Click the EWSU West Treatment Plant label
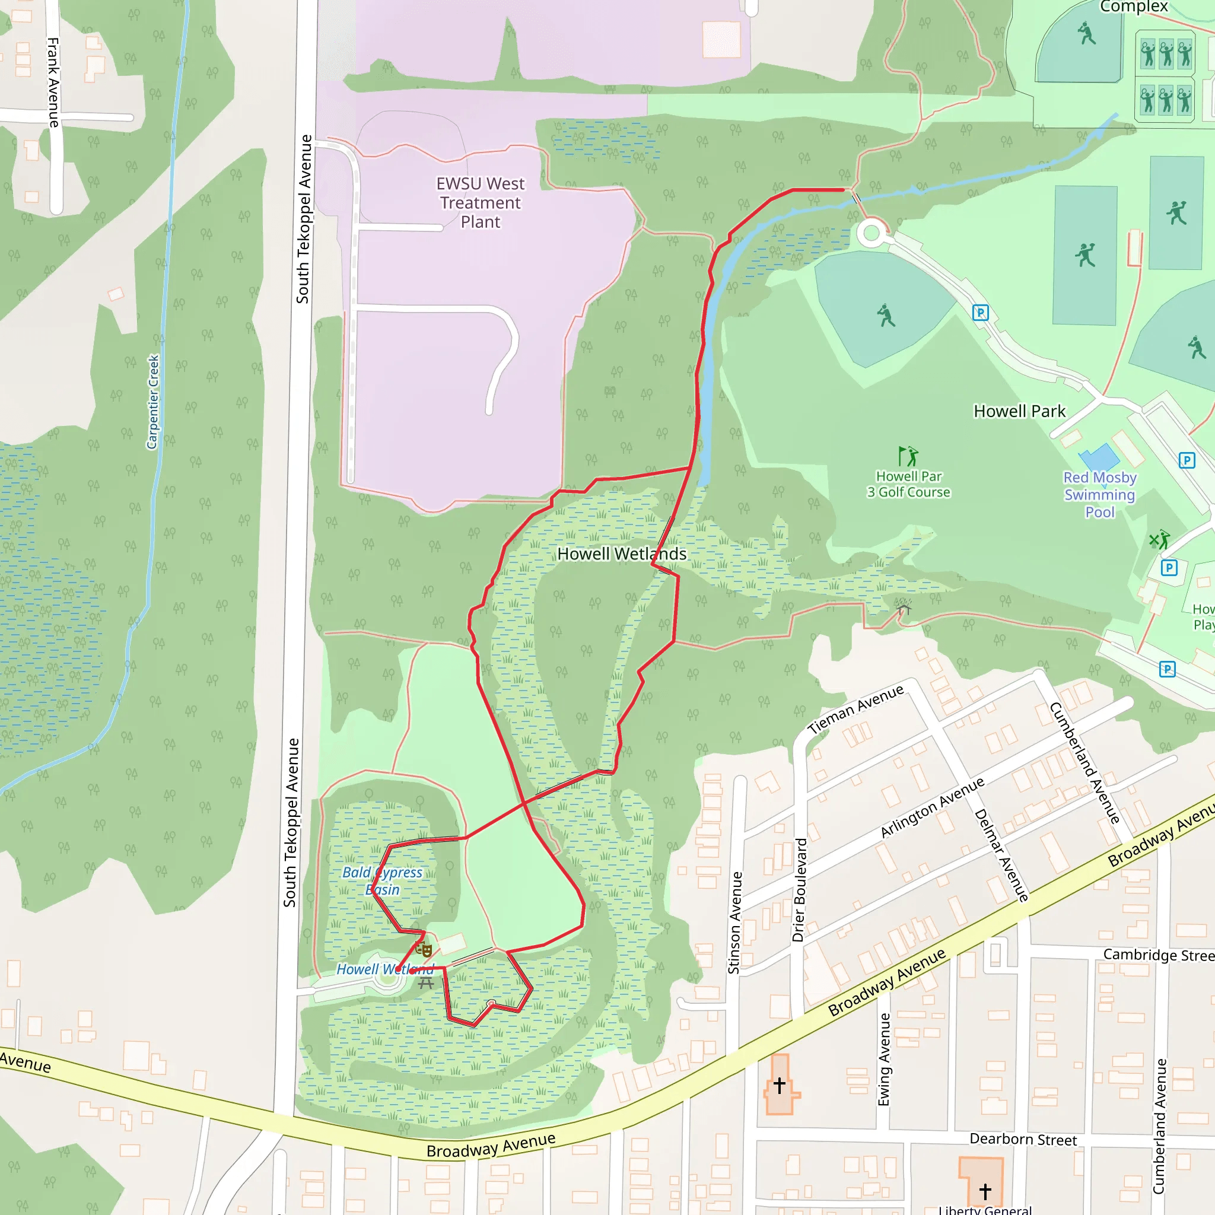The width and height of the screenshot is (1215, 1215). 481,202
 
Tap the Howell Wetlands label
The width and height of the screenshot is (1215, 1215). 621,554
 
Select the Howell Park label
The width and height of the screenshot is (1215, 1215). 1019,411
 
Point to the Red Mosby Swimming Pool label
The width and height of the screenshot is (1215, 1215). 1100,495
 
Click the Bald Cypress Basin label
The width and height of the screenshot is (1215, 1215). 383,880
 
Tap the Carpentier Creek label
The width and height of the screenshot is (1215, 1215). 153,402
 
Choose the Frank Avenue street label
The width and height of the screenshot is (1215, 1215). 53,82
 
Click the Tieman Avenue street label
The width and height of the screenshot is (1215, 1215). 856,710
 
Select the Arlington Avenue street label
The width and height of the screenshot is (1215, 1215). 932,807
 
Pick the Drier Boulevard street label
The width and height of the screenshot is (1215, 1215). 799,889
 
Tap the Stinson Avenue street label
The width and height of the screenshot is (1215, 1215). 734,923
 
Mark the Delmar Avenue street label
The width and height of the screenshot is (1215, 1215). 1001,855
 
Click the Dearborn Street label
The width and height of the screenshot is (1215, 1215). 1023,1140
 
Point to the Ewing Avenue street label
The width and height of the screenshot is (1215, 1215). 884,1059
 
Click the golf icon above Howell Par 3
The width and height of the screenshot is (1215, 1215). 908,455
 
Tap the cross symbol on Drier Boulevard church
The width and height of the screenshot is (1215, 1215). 779,1085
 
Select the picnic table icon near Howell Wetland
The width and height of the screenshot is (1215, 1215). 426,984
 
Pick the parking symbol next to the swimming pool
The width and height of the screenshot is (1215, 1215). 1187,460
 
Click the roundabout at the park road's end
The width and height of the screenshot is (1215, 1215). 871,233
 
